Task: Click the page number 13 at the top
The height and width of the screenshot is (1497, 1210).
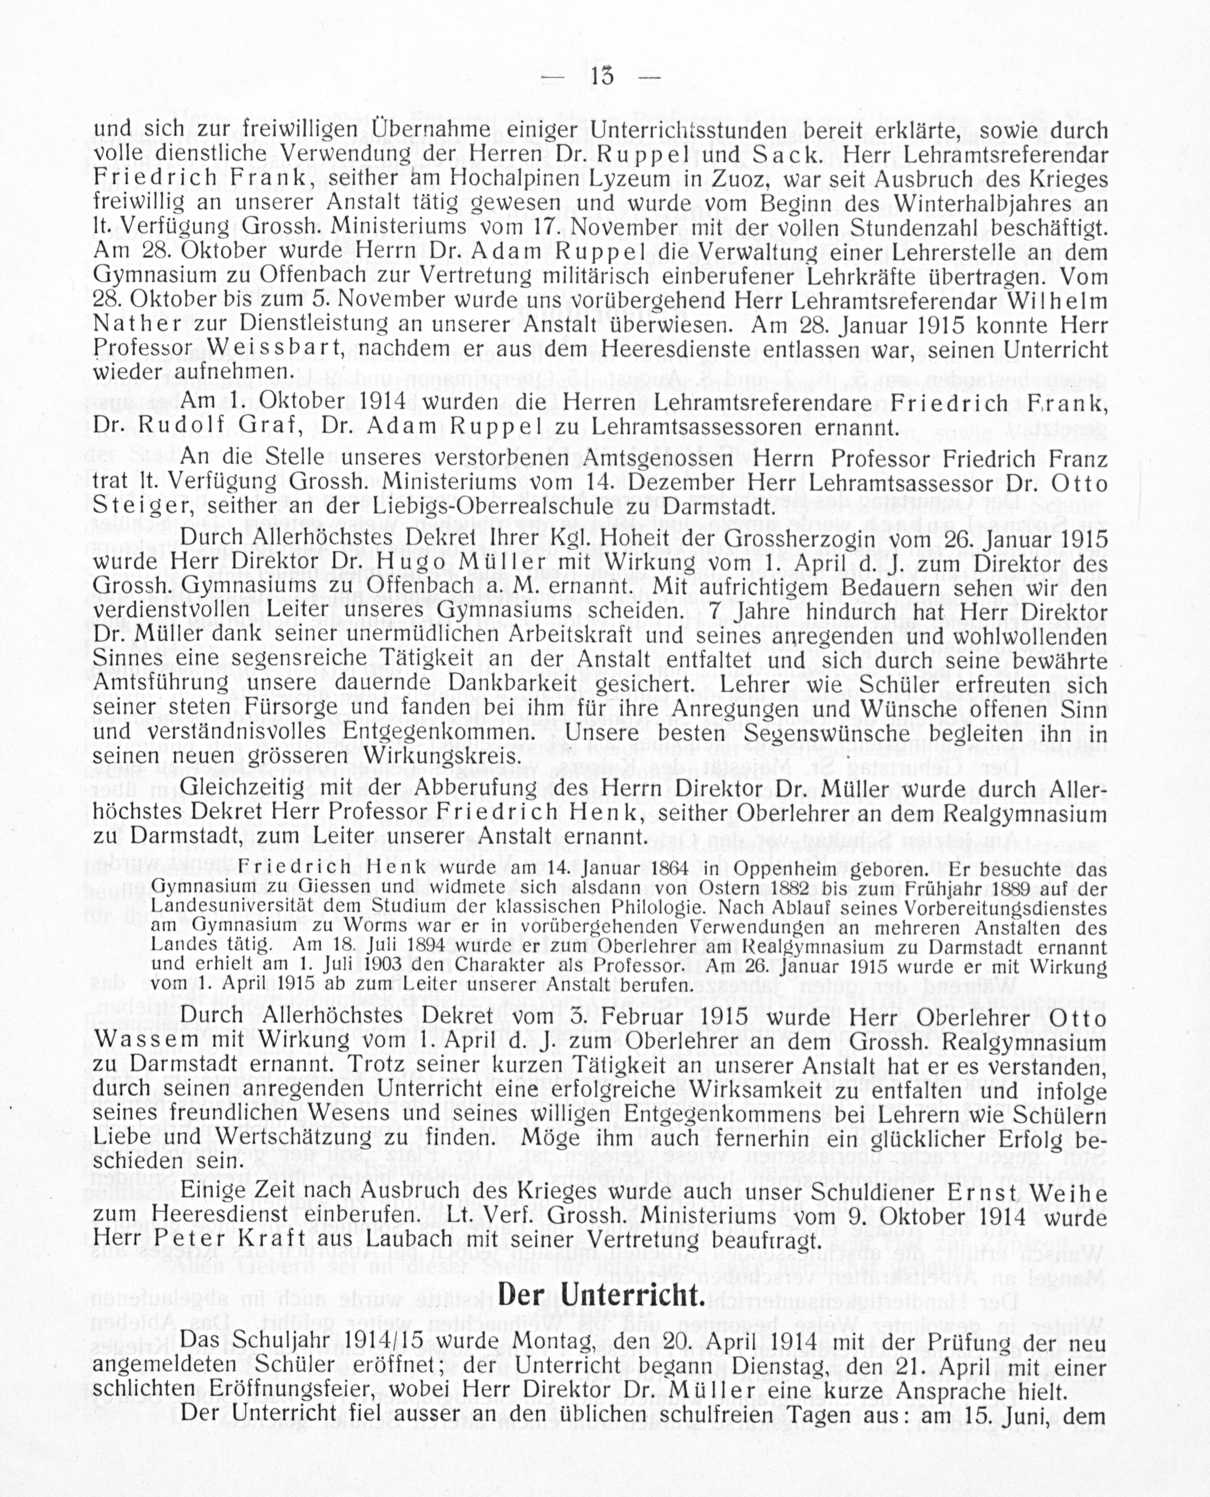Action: pyautogui.click(x=602, y=75)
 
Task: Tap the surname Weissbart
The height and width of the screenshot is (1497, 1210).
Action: pyautogui.click(x=276, y=347)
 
